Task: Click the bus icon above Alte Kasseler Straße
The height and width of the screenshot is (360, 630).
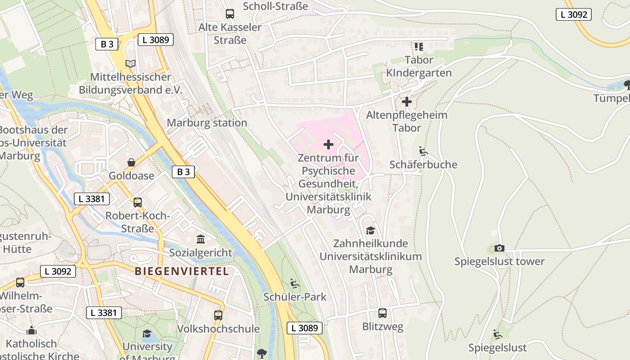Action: (230, 13)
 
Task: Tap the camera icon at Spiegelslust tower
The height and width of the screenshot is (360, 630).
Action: (499, 248)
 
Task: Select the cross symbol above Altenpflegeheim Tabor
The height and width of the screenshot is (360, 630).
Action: (406, 102)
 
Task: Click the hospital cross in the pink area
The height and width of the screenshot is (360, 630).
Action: (328, 144)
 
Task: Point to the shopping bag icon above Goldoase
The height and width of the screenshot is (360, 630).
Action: (131, 162)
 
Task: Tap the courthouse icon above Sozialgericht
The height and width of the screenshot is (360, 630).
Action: (201, 239)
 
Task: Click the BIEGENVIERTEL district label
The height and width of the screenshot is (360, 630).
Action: (182, 271)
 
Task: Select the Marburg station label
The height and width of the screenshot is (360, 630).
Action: (207, 122)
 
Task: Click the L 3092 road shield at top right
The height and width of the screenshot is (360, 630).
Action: (573, 14)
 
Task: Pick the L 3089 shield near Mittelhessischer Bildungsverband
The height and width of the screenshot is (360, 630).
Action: (155, 40)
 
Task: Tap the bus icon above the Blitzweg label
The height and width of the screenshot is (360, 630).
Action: (382, 313)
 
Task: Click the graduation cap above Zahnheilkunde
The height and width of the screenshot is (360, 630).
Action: (370, 230)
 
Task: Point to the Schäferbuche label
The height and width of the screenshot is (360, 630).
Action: (423, 164)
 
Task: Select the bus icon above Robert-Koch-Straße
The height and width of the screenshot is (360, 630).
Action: (138, 202)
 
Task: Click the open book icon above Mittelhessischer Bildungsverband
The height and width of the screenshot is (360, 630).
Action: (130, 64)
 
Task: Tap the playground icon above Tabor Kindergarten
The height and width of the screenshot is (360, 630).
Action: (419, 46)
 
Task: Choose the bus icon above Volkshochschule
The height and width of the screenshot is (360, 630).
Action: (218, 315)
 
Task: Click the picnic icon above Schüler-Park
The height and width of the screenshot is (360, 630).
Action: (295, 283)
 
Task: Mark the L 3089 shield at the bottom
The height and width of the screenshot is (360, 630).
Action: (305, 328)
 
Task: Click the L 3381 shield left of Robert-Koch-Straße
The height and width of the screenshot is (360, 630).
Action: (91, 198)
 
